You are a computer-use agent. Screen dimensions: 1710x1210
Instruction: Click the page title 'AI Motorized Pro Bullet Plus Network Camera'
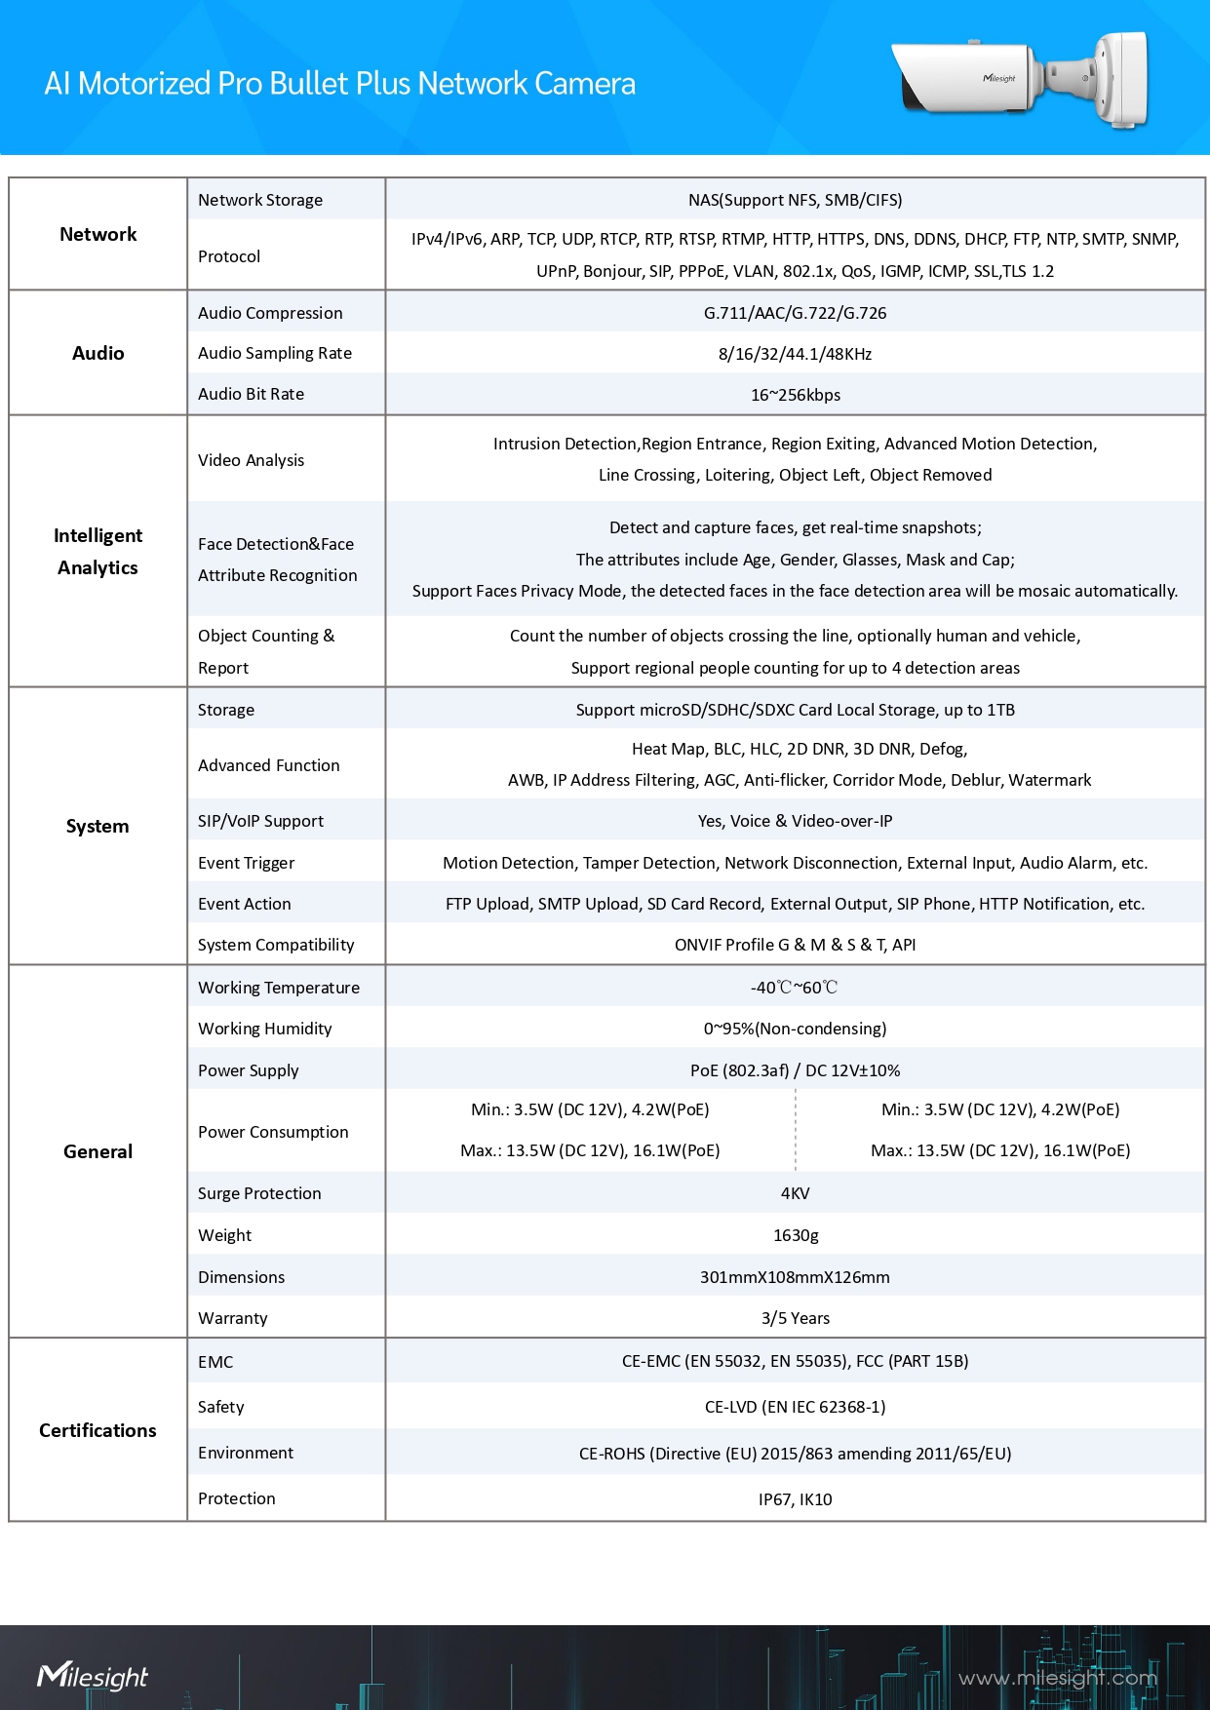339,84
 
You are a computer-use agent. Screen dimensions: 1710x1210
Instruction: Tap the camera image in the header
1020,80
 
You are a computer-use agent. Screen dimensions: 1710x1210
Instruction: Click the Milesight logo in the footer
93,1676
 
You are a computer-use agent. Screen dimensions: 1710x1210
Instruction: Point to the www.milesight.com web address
1057,1678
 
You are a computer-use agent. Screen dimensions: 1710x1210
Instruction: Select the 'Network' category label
98,234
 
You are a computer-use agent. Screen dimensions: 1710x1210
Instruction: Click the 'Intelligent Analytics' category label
98,552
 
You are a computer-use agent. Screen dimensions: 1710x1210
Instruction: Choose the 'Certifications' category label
98,1430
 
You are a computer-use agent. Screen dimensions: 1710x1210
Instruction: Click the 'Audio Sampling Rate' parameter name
275,353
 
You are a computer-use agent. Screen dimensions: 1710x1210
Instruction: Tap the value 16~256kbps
795,395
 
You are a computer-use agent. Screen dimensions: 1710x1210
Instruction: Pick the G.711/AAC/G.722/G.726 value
795,313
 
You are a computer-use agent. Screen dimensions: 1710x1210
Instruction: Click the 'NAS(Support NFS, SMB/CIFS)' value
795,200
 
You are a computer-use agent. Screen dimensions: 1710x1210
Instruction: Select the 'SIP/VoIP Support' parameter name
260,821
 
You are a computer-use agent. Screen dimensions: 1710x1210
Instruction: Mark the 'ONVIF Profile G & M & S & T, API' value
795,945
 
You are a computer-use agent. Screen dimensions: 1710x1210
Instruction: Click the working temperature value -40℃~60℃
795,988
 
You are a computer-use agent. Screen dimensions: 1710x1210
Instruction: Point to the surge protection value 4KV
795,1193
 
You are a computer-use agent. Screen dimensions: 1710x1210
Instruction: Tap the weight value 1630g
795,1235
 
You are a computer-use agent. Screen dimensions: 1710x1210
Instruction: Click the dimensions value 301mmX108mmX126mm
795,1277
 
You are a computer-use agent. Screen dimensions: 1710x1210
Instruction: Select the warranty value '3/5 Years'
795,1318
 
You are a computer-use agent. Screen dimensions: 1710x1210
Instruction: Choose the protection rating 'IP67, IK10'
795,1499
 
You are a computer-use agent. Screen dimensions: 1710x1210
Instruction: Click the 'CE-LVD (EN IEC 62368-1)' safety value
795,1407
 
